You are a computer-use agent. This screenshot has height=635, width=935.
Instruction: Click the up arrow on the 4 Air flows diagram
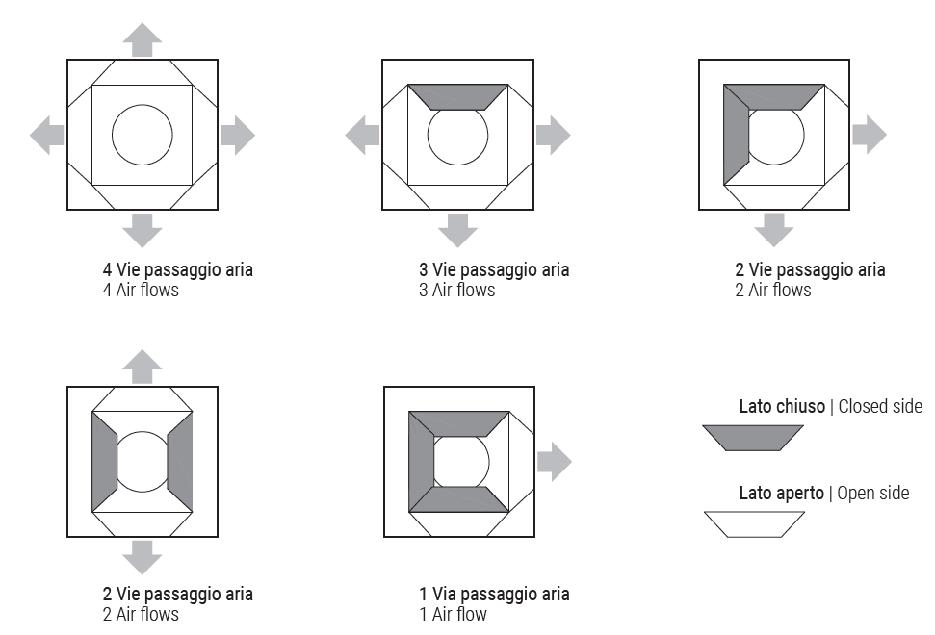point(143,39)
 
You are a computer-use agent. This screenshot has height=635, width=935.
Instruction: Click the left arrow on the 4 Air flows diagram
point(47,136)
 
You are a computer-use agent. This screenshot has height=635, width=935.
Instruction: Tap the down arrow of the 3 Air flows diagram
point(458,230)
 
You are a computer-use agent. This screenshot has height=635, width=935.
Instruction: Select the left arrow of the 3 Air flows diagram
point(363,136)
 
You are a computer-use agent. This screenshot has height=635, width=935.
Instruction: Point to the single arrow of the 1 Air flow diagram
point(555,462)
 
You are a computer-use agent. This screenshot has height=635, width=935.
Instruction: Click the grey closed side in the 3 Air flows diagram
point(458,97)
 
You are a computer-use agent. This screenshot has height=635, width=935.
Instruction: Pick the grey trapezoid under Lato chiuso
point(753,438)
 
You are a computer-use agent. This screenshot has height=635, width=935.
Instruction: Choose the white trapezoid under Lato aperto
point(754,524)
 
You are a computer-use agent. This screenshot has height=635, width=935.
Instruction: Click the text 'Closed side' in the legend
point(880,406)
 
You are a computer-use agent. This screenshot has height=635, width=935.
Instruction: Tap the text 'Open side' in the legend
point(873,494)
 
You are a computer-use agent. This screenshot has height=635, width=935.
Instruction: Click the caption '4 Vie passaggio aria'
point(178,269)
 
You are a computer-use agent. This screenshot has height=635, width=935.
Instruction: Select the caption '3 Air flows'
point(456,291)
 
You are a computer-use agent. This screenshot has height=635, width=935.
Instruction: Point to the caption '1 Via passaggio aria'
point(494,594)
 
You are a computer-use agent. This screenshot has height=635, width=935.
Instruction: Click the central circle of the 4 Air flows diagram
point(143,106)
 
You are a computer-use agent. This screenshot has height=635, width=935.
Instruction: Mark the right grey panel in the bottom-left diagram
point(180,462)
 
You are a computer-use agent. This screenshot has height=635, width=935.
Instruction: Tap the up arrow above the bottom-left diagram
point(143,367)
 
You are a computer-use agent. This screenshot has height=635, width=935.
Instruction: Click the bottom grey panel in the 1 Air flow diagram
point(459,499)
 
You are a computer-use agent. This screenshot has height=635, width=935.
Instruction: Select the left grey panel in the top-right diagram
point(736,135)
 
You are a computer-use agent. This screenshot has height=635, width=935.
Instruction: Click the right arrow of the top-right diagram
point(870,136)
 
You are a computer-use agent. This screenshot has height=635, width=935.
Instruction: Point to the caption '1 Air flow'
point(453,614)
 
